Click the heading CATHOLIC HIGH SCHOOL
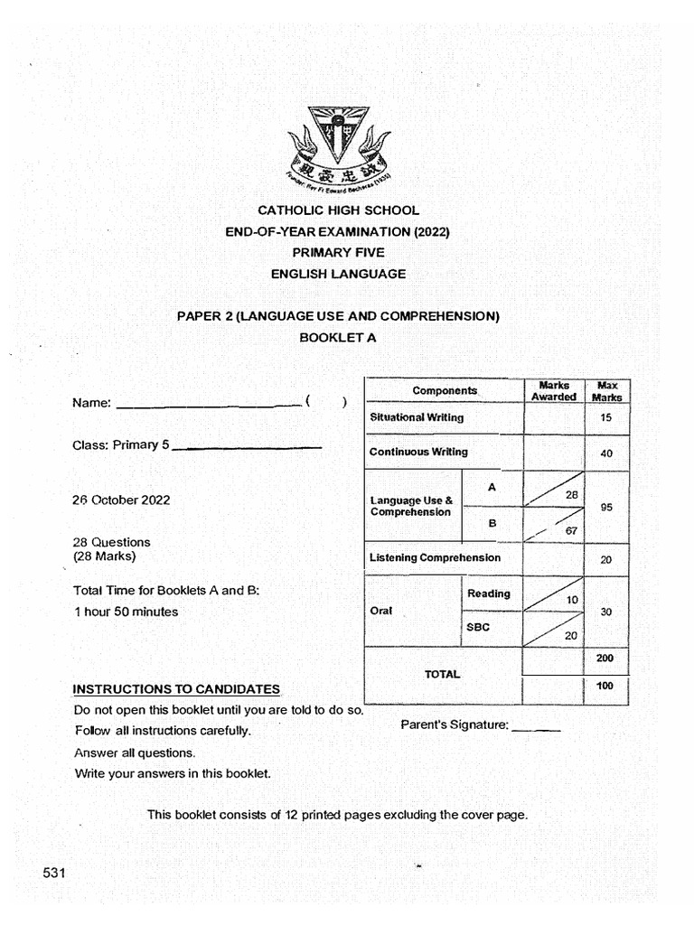(339, 210)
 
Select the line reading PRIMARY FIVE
(338, 253)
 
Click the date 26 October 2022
(121, 500)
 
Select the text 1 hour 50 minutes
(126, 612)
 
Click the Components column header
(445, 391)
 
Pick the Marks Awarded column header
(553, 391)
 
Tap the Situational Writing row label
(417, 418)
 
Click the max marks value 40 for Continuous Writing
(606, 453)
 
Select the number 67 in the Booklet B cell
(570, 531)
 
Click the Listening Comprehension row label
(435, 558)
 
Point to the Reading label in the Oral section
(489, 593)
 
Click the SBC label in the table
(479, 627)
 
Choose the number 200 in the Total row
(605, 659)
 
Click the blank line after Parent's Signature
(536, 727)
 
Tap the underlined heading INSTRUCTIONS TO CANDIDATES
(176, 689)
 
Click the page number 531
(55, 873)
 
